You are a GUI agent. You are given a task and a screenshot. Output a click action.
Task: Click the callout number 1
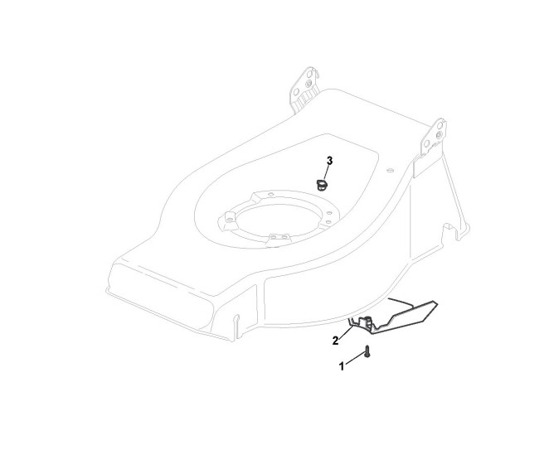[342, 365]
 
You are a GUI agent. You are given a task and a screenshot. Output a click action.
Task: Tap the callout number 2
[336, 340]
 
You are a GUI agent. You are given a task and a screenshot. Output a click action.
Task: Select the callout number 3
[330, 159]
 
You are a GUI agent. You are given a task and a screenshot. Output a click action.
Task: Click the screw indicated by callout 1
[367, 354]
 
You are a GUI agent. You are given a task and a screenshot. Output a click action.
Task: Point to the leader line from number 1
[354, 359]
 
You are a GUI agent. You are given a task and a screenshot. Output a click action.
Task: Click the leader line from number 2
[347, 332]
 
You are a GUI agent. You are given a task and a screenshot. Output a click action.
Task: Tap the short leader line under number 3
[328, 170]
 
